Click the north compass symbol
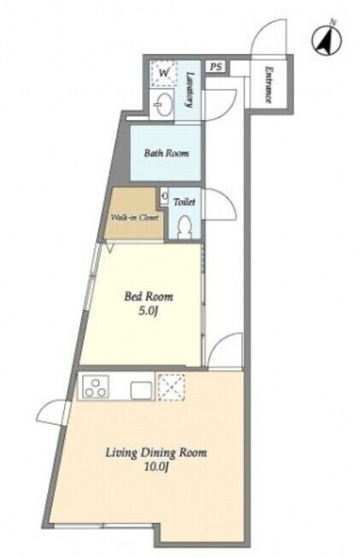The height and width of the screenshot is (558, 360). click(x=327, y=40)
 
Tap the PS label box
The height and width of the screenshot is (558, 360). click(x=215, y=67)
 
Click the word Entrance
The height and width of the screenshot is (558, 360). click(x=269, y=85)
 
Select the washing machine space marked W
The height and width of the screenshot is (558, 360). click(x=164, y=73)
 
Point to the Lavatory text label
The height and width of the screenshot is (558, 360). click(x=191, y=90)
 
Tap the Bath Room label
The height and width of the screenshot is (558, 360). click(x=166, y=153)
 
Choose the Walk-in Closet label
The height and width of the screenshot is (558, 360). click(x=134, y=217)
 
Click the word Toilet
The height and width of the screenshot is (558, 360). click(x=184, y=202)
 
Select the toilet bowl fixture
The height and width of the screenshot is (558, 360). click(x=184, y=226)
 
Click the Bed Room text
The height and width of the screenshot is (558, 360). click(x=149, y=297)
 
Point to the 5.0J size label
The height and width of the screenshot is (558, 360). click(x=148, y=311)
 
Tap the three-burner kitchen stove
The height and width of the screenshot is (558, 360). click(x=95, y=387)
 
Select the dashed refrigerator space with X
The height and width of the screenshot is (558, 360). click(x=172, y=388)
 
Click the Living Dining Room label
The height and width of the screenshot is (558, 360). click(x=156, y=453)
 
